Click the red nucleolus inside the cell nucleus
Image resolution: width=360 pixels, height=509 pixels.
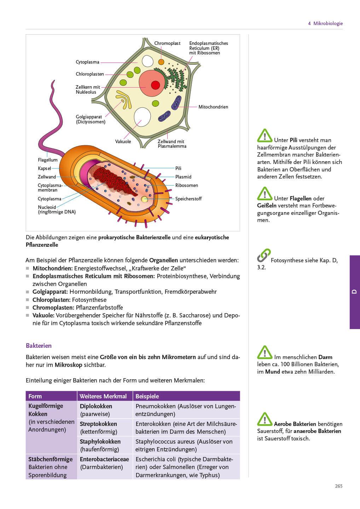point(155,85)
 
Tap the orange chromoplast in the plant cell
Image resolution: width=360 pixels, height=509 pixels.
point(161,62)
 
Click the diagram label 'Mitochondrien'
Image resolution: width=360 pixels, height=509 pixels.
point(213,107)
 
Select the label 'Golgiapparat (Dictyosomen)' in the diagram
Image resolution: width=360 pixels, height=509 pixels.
point(91,119)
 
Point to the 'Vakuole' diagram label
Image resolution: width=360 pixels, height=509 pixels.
point(123,141)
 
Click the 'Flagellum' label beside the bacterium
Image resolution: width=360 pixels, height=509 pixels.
point(48,160)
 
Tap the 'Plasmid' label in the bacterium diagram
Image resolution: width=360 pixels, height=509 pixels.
point(183,177)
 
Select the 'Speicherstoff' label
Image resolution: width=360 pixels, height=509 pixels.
point(188,199)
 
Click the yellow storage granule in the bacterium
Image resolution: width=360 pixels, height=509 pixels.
point(145,199)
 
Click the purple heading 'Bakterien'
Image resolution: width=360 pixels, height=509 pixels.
point(39,346)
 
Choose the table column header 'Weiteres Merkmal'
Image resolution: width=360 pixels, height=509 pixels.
point(103,396)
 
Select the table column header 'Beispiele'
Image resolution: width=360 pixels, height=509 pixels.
point(147,396)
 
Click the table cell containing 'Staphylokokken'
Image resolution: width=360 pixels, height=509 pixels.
point(105,445)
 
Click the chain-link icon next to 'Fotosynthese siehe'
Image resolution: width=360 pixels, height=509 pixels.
point(263,255)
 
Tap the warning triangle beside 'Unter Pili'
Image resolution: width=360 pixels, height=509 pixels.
point(265,136)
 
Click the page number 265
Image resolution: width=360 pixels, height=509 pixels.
point(338,486)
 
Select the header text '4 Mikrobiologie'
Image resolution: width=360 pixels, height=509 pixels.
point(325,23)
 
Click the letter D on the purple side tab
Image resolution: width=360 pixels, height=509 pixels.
point(354,292)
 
